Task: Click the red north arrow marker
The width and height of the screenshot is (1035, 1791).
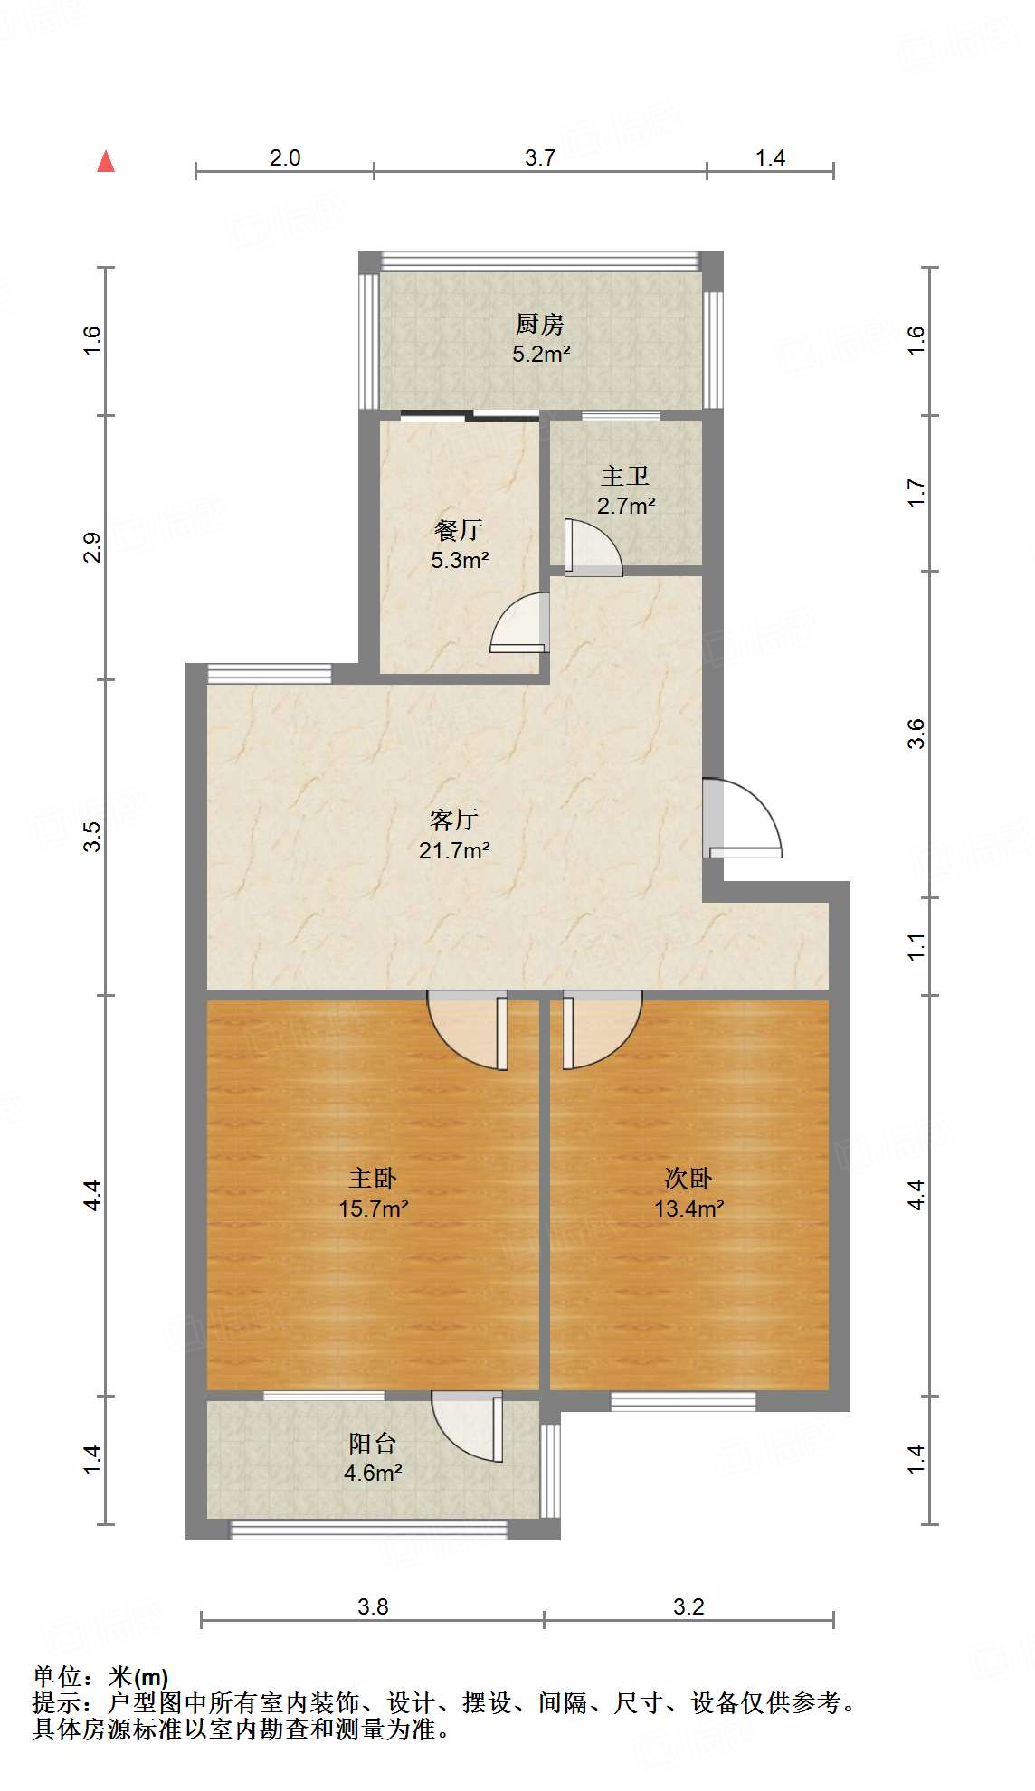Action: pyautogui.click(x=106, y=161)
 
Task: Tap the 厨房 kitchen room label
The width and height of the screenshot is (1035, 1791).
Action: pyautogui.click(x=540, y=323)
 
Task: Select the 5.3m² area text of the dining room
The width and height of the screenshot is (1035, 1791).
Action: pyautogui.click(x=460, y=560)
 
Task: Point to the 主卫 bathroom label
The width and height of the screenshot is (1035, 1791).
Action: pyautogui.click(x=625, y=476)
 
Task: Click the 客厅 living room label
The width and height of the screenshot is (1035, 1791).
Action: pyautogui.click(x=453, y=820)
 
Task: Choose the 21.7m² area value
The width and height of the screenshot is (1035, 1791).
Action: pyautogui.click(x=454, y=850)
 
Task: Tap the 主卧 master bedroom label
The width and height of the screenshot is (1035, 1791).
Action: pyautogui.click(x=373, y=1178)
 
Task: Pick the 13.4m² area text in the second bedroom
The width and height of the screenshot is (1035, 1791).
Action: pyautogui.click(x=689, y=1208)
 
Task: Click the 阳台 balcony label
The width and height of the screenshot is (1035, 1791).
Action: pyautogui.click(x=372, y=1443)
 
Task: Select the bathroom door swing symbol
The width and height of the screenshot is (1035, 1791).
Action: pyautogui.click(x=592, y=548)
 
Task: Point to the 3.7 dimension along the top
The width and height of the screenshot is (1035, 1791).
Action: pyautogui.click(x=540, y=157)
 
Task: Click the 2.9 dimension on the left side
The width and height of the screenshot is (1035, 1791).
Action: pyautogui.click(x=92, y=548)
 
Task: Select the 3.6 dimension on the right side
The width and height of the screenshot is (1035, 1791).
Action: pyautogui.click(x=916, y=734)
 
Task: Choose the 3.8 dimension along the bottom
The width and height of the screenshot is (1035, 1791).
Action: pyautogui.click(x=373, y=1606)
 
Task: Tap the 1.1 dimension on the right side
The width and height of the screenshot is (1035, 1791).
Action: pyautogui.click(x=916, y=946)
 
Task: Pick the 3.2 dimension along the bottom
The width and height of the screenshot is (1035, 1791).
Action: pyautogui.click(x=688, y=1606)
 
